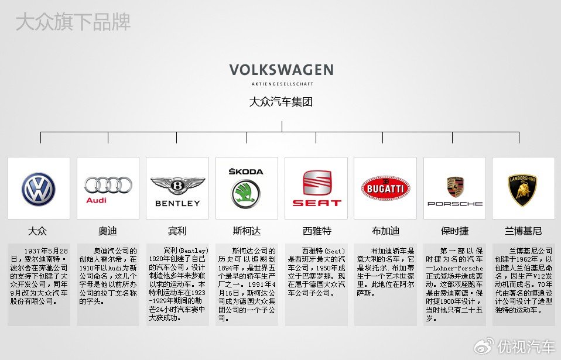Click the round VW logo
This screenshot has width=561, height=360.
(x=39, y=189)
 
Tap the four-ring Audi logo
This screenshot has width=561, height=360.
(x=108, y=185)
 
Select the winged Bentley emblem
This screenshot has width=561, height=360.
(x=177, y=186)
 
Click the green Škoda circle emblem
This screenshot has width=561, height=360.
(x=246, y=194)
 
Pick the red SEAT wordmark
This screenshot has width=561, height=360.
(x=317, y=203)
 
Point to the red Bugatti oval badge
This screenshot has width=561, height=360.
(x=385, y=188)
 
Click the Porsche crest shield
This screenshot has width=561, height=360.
(x=455, y=187)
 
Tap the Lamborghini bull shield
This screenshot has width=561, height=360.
(x=523, y=190)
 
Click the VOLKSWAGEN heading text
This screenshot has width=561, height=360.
(x=282, y=70)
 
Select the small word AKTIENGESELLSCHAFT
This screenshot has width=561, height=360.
(x=282, y=84)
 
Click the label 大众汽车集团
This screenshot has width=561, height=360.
(x=281, y=102)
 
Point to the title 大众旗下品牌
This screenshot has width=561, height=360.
(x=73, y=22)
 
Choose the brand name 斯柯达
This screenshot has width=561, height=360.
(x=247, y=231)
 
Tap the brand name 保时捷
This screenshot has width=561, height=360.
(x=455, y=231)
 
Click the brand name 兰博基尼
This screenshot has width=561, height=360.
(x=523, y=231)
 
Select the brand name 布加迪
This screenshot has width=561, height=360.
(x=385, y=231)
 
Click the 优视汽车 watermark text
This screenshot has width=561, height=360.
(x=526, y=347)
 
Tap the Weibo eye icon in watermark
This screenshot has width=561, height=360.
(x=484, y=347)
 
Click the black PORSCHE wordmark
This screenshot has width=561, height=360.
(x=455, y=204)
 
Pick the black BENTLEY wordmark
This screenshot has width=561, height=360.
(x=177, y=203)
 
